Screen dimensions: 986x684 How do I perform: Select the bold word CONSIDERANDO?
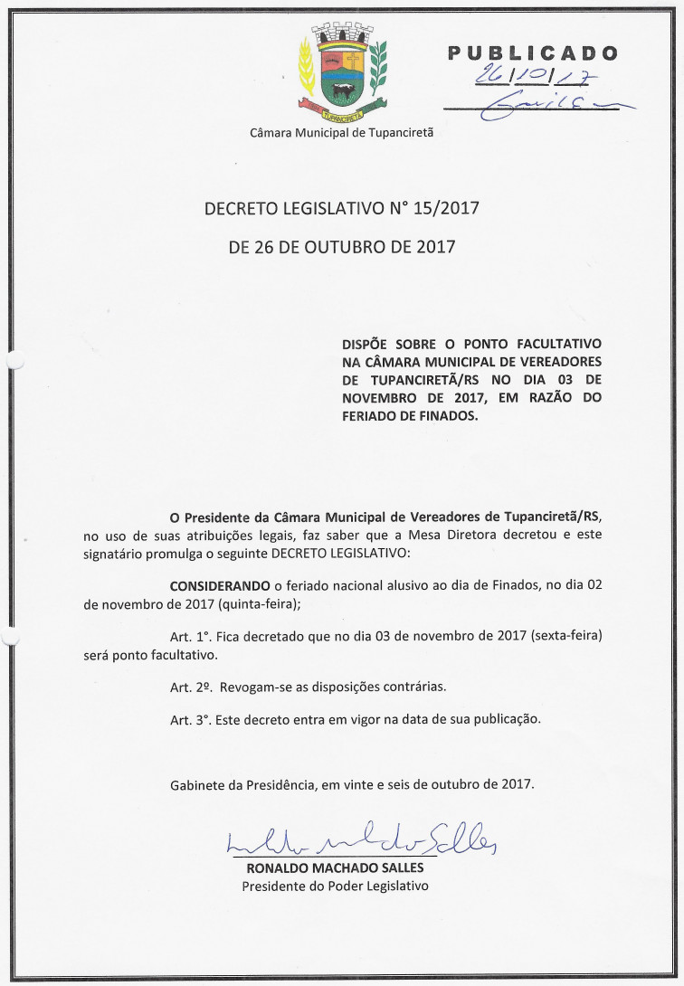[220, 586]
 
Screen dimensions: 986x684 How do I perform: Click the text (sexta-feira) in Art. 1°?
[561, 636]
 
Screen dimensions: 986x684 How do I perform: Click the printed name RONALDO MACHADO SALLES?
[335, 868]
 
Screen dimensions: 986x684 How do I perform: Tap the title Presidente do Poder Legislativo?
[335, 886]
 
